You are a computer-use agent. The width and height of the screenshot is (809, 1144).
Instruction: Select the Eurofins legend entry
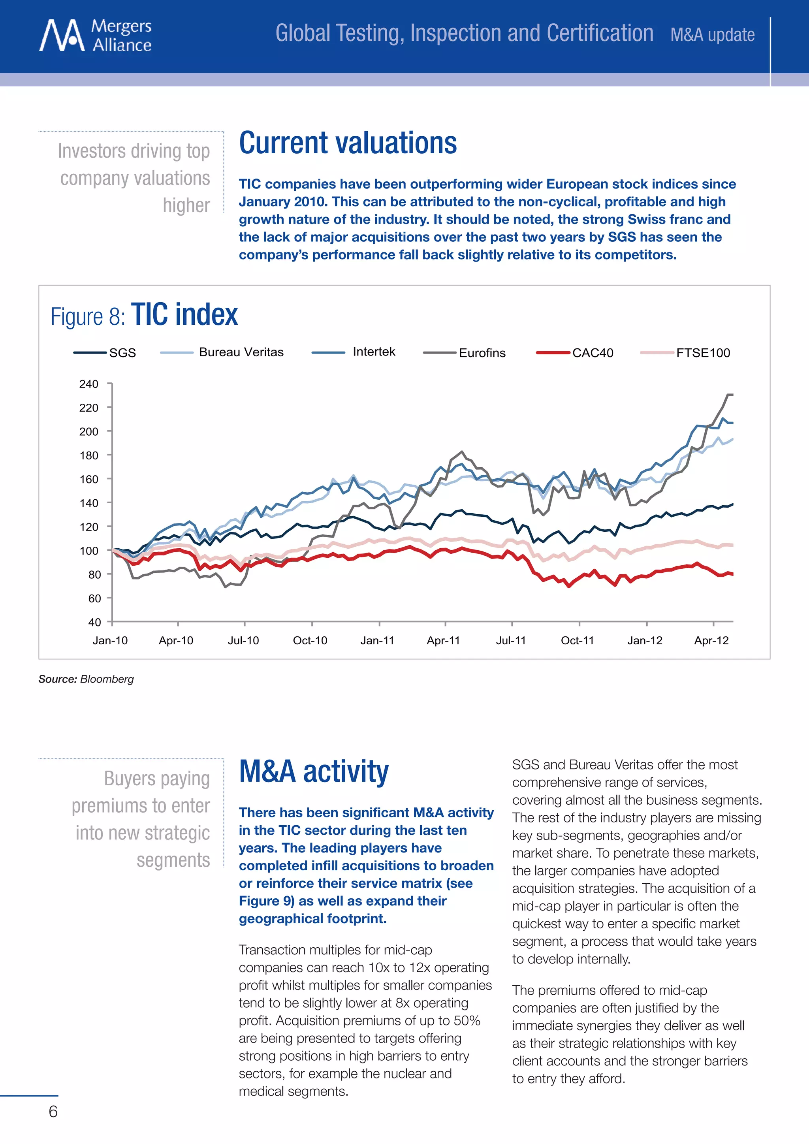click(x=481, y=353)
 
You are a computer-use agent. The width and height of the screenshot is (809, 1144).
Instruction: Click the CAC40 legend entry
click(x=592, y=353)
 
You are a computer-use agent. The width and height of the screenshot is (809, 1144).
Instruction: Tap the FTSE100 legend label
click(x=702, y=353)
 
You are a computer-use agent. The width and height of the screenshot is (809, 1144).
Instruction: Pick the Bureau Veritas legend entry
click(x=241, y=352)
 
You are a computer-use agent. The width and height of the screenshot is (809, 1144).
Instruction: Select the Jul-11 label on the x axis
click(x=511, y=641)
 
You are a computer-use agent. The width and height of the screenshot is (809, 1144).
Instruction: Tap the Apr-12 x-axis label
click(x=711, y=641)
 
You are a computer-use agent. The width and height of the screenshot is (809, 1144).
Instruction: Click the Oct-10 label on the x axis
click(x=310, y=641)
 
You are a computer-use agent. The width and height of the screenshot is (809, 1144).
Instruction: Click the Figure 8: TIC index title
click(x=145, y=315)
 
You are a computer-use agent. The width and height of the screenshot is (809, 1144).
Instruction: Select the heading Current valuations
click(x=348, y=143)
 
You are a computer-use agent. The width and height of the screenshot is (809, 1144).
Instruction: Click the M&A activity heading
click(x=313, y=772)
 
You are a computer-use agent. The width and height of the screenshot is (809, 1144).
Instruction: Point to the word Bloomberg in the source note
click(x=107, y=679)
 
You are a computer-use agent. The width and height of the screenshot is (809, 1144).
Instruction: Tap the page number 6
click(x=53, y=1112)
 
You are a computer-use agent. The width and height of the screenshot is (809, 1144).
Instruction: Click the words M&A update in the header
click(x=712, y=35)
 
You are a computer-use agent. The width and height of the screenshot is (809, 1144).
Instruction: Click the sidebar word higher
click(x=186, y=205)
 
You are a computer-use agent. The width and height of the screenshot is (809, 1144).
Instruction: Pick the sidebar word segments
click(x=173, y=860)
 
